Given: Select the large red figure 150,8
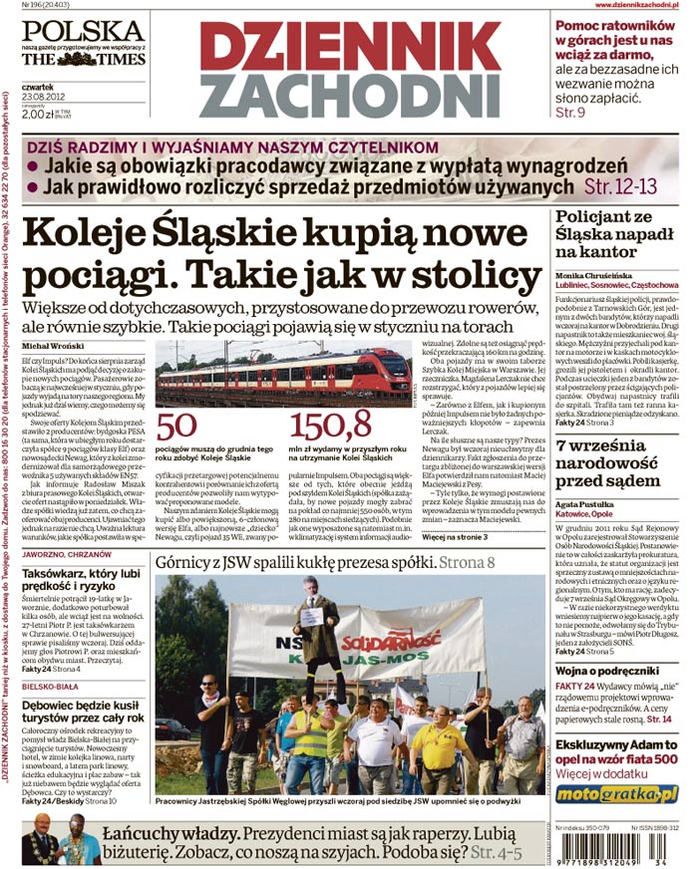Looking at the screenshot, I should pyautogui.click(x=331, y=427).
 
